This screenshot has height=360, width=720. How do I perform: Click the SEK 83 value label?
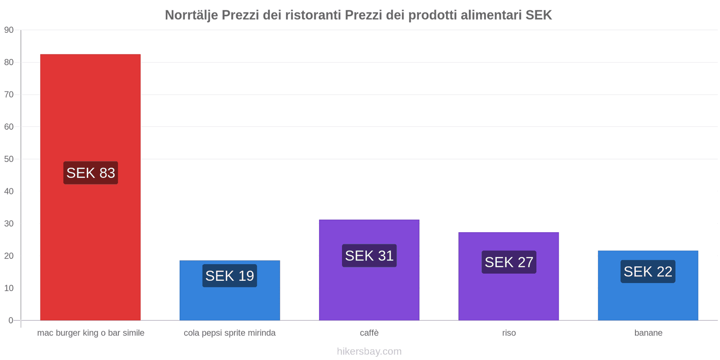coord(90,173)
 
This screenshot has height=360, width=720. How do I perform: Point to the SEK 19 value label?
coord(229,275)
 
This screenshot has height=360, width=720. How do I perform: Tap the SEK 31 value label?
coord(369,256)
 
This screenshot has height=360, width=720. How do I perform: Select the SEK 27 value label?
coord(508,262)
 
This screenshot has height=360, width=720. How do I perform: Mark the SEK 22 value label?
coord(648,271)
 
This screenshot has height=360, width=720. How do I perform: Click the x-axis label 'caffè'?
coord(369,333)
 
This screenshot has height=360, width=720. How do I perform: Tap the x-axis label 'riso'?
coord(509,333)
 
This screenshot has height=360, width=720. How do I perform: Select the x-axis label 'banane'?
coord(648,333)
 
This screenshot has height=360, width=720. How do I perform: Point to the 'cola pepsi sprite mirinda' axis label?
coord(229,333)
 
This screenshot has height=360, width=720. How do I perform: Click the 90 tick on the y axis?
coord(9,30)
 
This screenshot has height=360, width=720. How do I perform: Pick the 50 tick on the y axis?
coord(9,159)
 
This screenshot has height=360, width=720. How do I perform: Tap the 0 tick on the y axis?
coord(11,320)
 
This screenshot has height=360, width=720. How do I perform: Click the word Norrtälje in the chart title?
coord(191,15)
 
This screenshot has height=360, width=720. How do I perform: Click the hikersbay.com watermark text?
coord(369,351)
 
